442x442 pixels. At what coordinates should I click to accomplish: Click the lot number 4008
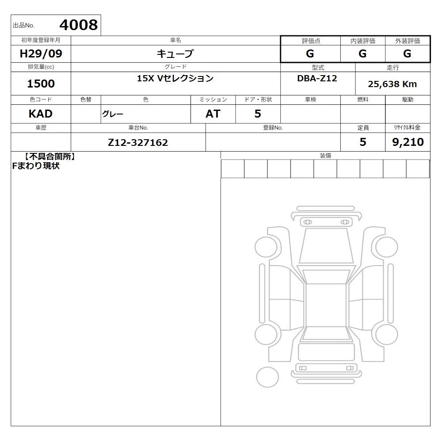point(78,25)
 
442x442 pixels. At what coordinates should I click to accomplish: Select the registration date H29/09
point(41,53)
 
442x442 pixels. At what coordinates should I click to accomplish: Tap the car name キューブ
point(175,53)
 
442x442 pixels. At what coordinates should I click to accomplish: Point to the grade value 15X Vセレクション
point(175,78)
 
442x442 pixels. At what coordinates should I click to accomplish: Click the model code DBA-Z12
point(317,78)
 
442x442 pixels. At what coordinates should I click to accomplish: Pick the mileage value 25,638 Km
point(392,84)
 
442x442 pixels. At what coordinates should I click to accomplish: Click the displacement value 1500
point(41,84)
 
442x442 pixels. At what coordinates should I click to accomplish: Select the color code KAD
point(41,114)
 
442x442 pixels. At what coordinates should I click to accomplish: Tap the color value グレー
point(113,114)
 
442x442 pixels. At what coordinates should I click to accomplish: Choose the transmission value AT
point(213,114)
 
